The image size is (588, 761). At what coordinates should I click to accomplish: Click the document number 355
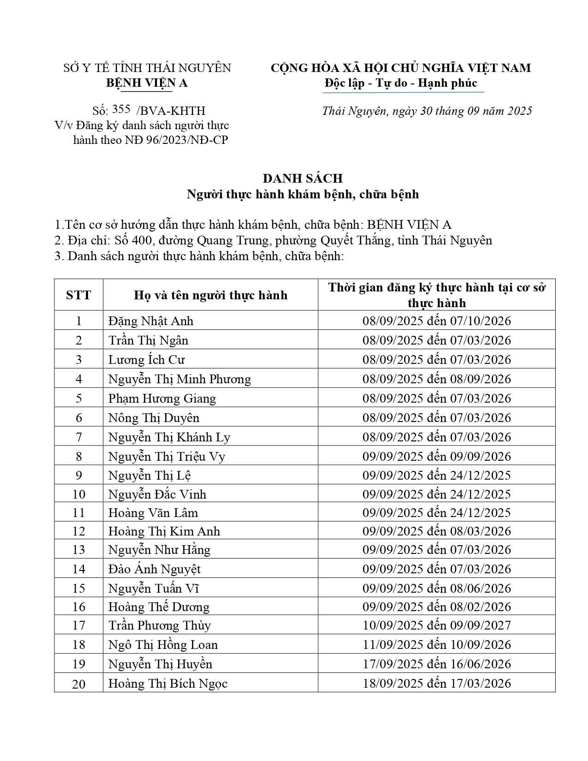[121, 109]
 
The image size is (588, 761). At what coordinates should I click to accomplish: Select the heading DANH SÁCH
[303, 178]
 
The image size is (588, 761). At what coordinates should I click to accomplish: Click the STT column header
[78, 295]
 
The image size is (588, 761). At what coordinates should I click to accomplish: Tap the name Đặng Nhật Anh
[151, 321]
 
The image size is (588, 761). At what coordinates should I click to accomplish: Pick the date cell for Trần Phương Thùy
[436, 625]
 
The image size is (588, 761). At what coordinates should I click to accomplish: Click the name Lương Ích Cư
[146, 360]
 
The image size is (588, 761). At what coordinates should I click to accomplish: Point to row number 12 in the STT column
[79, 531]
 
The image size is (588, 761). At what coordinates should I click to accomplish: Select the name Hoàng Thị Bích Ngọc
[168, 684]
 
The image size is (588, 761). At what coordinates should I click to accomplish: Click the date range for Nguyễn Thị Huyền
[436, 664]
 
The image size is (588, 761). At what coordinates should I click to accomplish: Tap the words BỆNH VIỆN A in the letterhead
[147, 83]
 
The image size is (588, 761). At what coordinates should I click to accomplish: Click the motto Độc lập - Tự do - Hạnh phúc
[400, 83]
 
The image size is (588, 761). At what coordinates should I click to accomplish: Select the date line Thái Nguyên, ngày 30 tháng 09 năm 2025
[427, 111]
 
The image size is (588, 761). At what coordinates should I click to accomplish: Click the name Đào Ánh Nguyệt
[154, 569]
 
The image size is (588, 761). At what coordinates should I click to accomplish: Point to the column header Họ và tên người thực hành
[210, 295]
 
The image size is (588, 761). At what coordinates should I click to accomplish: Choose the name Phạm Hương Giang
[162, 398]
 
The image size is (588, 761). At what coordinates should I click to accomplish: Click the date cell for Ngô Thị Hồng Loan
[436, 645]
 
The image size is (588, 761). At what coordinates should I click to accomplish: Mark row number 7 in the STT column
[79, 437]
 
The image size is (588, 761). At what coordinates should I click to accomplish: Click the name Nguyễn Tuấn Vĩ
[153, 589]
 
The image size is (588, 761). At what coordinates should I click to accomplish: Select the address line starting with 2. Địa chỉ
[273, 241]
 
